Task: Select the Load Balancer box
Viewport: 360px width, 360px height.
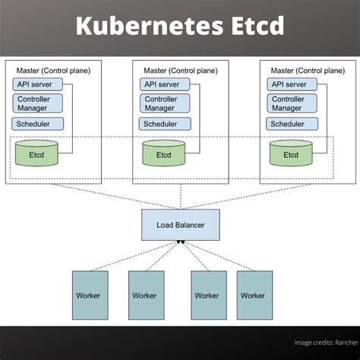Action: (x=179, y=225)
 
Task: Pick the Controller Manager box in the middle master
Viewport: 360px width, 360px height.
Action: (x=166, y=103)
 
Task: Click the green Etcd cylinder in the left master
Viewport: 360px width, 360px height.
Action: (x=36, y=154)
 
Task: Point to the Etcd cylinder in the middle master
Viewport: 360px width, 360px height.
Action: (x=163, y=154)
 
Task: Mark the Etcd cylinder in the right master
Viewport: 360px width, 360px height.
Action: (x=291, y=154)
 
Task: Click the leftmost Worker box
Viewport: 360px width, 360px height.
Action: (x=90, y=295)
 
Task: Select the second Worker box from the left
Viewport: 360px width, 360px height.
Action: (x=144, y=295)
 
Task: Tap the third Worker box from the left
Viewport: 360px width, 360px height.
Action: (x=207, y=295)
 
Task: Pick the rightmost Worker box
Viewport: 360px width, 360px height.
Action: (x=254, y=295)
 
